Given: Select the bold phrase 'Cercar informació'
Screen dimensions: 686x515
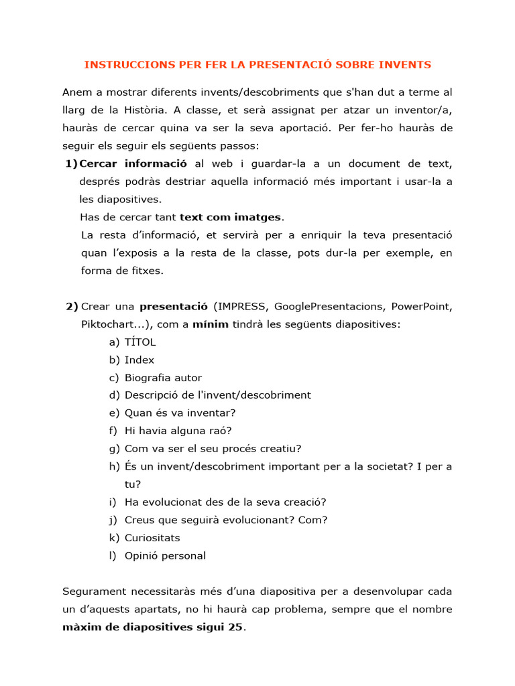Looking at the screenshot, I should tap(133, 163).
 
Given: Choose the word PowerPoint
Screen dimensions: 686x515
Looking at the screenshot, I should tap(422, 307).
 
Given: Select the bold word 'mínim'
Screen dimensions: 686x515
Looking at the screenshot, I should tap(211, 324).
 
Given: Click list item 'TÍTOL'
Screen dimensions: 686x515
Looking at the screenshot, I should tap(140, 342).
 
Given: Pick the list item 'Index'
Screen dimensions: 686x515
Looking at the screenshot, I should tap(139, 360).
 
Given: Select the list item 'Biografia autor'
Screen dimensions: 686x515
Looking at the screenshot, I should tap(163, 378).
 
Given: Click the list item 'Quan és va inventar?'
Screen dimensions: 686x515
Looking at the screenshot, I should tap(180, 413).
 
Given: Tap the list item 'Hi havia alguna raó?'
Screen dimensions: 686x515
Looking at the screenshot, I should tap(178, 431).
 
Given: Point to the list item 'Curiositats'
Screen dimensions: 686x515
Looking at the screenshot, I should tap(152, 537).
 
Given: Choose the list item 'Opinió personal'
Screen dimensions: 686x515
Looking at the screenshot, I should tap(165, 555).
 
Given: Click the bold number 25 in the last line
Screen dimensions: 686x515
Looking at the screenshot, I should tap(237, 628).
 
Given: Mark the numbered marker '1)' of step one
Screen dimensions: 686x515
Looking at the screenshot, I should tap(71, 163).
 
